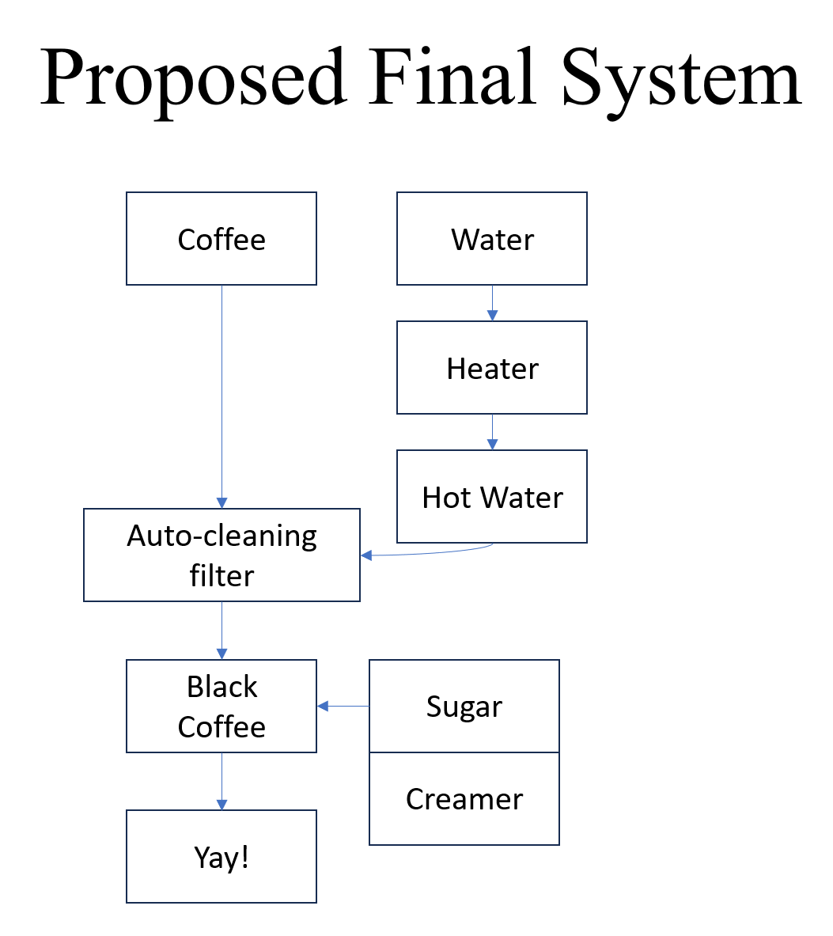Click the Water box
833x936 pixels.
pos(492,238)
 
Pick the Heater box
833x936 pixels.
pos(492,368)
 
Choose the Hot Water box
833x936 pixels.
pos(492,497)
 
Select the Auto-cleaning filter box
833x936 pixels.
pos(222,555)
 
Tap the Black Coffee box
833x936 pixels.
pos(222,706)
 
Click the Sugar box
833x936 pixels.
pos(464,706)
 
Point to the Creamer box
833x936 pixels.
pos(464,798)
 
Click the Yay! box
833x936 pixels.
pos(222,856)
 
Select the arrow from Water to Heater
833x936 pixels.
pos(492,303)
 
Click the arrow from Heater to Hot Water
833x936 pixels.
pos(492,432)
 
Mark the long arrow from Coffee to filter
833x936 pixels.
pos(222,396)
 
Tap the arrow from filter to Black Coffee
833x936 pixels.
pos(222,631)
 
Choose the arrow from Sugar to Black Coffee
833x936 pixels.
pos(343,706)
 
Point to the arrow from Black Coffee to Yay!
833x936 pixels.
pos(222,781)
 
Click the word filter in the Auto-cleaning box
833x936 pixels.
pos(222,575)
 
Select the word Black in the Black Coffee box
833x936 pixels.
pos(222,686)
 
